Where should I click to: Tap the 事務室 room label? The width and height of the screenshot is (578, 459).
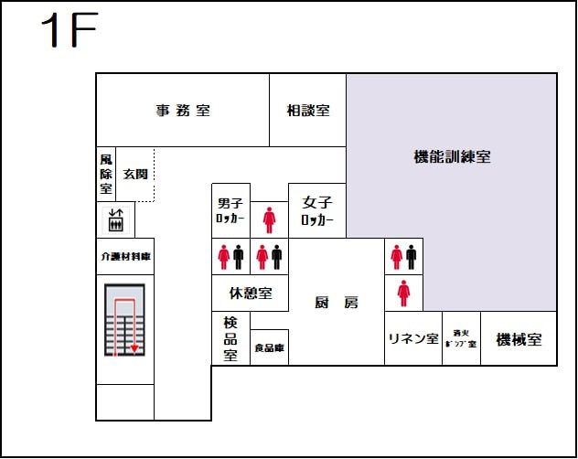[183, 111]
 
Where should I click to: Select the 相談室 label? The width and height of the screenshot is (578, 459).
[308, 111]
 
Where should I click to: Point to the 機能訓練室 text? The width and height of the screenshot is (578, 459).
[452, 156]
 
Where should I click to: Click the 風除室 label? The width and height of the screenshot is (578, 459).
[106, 174]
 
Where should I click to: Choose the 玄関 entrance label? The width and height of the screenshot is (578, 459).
[136, 174]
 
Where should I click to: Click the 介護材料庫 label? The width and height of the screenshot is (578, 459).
[125, 257]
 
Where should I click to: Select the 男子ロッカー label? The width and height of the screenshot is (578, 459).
[230, 211]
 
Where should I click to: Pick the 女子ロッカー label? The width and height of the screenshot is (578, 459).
[317, 211]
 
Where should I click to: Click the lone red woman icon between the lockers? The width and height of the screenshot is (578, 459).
[269, 220]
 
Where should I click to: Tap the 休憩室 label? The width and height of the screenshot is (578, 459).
[251, 294]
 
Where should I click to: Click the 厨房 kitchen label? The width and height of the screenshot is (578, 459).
[336, 303]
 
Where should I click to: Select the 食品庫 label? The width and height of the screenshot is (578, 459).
[269, 347]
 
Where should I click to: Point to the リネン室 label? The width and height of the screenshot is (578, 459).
[412, 339]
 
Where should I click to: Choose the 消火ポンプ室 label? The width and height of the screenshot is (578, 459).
[461, 339]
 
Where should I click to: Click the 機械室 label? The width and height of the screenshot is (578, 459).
[519, 339]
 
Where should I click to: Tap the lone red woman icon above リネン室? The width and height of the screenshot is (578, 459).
[403, 293]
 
